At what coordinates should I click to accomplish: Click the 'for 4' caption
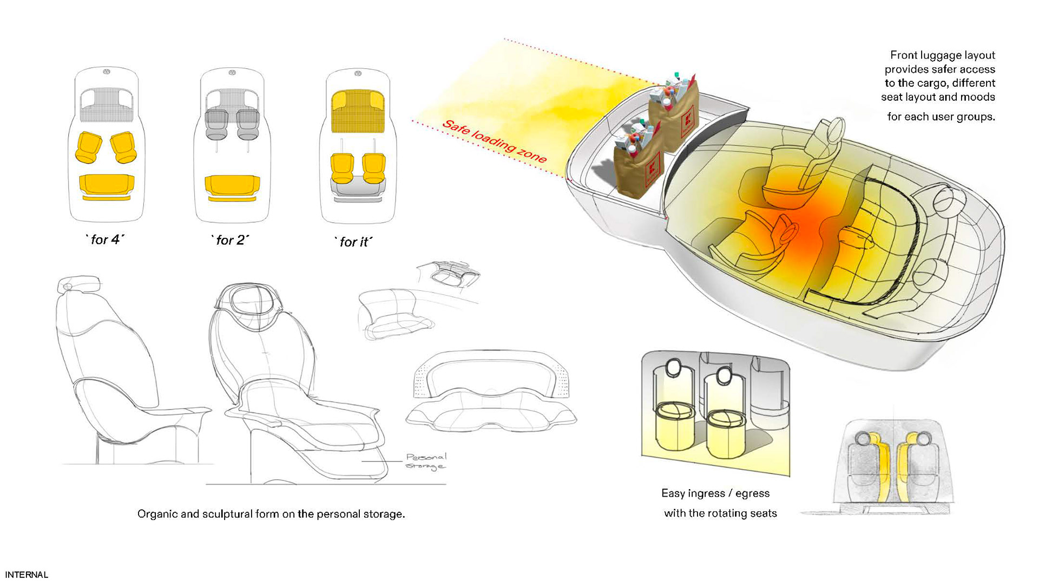click(x=105, y=239)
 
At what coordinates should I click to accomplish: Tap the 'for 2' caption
click(x=230, y=240)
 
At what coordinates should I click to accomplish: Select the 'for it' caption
click(x=354, y=242)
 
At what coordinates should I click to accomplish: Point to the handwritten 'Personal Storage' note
click(x=426, y=461)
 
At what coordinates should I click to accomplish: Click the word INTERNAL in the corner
click(x=27, y=575)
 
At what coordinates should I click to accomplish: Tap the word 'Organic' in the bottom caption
click(x=157, y=514)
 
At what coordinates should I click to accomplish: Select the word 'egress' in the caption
click(x=752, y=493)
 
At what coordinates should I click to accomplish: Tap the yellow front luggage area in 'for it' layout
click(x=357, y=111)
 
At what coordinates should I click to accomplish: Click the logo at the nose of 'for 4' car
click(x=107, y=71)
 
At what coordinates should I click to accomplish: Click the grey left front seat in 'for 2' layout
click(x=216, y=124)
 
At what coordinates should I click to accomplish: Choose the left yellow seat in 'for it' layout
click(x=342, y=168)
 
